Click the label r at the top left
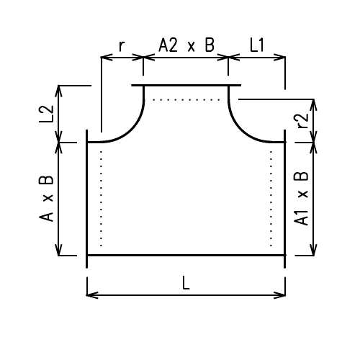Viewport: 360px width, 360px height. (x=122, y=47)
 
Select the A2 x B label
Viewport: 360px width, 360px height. (x=186, y=45)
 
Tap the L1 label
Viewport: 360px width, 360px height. (x=257, y=45)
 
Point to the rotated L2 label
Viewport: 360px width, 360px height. (x=46, y=114)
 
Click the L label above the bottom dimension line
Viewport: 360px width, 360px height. (x=186, y=283)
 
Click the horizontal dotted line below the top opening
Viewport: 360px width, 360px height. (x=186, y=100)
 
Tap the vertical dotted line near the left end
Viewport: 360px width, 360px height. (x=101, y=198)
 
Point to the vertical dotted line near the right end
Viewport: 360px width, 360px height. (x=271, y=198)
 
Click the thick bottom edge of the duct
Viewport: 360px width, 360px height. (x=186, y=255)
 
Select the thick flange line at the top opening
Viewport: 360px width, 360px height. (x=186, y=86)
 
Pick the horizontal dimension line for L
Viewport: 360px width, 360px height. (x=186, y=294)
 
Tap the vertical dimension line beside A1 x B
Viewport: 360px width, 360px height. (x=313, y=199)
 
